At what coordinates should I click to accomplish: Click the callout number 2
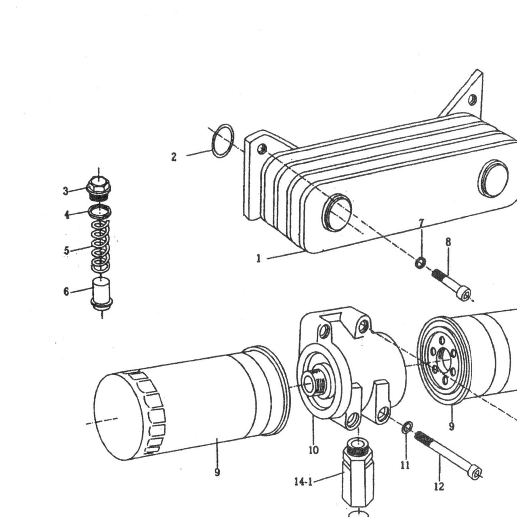tap(174, 157)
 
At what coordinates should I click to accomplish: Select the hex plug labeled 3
tap(99, 188)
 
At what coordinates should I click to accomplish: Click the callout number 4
tap(67, 214)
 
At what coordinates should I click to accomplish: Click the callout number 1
tap(258, 258)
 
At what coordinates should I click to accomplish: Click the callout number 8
tap(448, 242)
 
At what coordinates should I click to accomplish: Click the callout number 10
tap(313, 450)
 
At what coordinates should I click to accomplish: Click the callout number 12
tap(439, 486)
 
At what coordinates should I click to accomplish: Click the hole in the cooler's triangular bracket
tap(473, 100)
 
